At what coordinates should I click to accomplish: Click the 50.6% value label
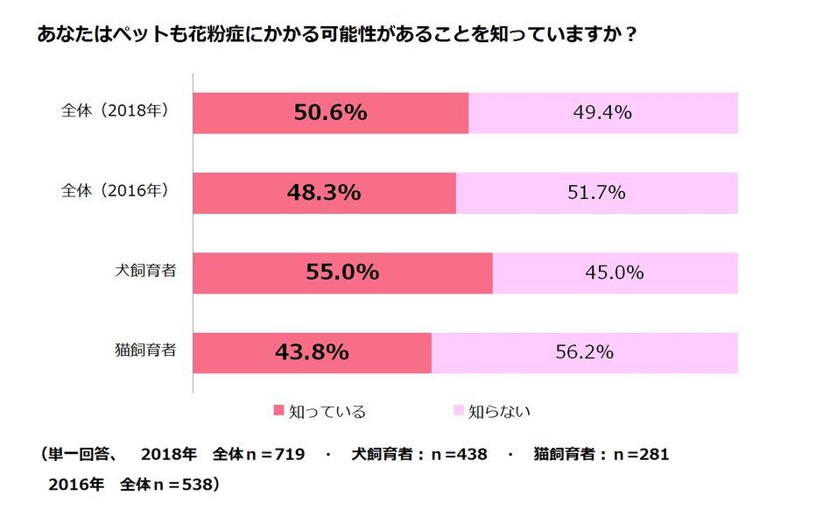coord(330,113)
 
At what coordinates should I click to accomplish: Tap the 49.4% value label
coord(602,113)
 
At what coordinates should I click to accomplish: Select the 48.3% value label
coord(324,193)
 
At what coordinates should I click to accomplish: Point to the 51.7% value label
coord(596,193)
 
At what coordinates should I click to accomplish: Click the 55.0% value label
coord(342,273)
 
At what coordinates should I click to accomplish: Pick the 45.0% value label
coord(615,273)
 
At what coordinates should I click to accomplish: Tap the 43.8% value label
coord(312,352)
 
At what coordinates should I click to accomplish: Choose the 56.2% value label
coord(584,352)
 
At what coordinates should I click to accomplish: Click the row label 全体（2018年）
coord(115,111)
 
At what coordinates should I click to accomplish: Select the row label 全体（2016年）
coord(115,190)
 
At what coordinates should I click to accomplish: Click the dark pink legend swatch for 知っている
coord(279,410)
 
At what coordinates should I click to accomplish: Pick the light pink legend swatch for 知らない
coord(458,410)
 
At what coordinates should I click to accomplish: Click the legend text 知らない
coord(499,410)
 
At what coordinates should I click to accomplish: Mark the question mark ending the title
coord(631,38)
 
